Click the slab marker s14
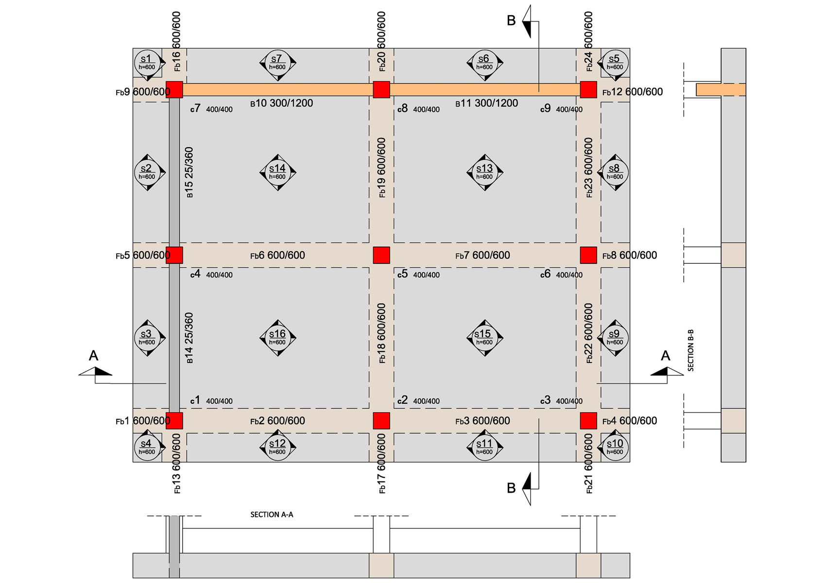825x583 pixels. click(278, 172)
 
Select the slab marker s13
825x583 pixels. click(485, 172)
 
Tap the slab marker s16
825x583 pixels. click(278, 338)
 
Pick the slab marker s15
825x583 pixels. click(485, 338)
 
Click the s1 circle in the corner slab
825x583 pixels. click(147, 63)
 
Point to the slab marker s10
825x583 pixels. click(615, 447)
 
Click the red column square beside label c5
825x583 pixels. click(381, 255)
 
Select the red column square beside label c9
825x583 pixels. click(588, 90)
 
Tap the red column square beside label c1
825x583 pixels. click(174, 421)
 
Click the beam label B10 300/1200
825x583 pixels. click(281, 103)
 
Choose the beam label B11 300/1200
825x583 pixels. click(486, 103)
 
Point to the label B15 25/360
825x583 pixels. click(189, 172)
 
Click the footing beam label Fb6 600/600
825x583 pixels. click(277, 255)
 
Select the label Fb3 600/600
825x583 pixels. click(482, 421)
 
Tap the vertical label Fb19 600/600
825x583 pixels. click(381, 168)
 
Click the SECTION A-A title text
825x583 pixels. click(272, 514)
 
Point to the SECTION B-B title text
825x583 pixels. click(690, 350)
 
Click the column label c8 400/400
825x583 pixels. click(418, 108)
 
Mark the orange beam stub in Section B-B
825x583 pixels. click(721, 90)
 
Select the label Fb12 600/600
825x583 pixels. click(633, 92)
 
